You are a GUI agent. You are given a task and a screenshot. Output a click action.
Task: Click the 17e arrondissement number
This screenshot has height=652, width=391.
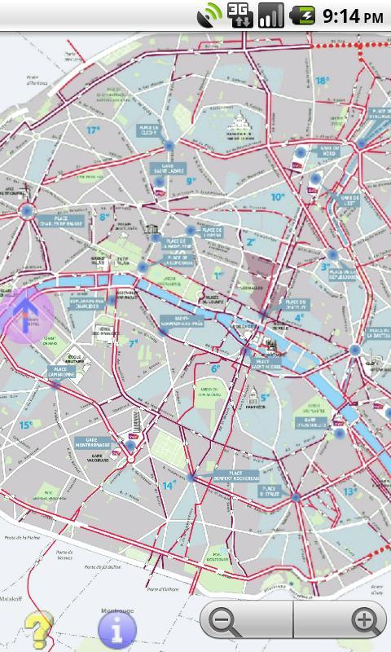tap(94, 130)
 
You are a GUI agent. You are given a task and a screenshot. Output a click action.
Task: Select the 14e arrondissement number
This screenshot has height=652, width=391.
tap(169, 486)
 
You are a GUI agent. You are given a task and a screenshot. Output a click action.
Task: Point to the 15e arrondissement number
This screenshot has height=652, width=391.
tap(26, 425)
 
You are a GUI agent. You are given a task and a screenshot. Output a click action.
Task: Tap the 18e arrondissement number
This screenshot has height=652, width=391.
tap(323, 81)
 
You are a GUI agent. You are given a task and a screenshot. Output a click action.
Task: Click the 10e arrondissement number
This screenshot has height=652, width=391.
tap(278, 196)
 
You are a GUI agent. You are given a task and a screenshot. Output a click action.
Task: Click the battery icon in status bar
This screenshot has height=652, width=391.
tap(304, 15)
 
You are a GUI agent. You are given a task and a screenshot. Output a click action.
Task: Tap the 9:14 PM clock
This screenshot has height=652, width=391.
tap(353, 15)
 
